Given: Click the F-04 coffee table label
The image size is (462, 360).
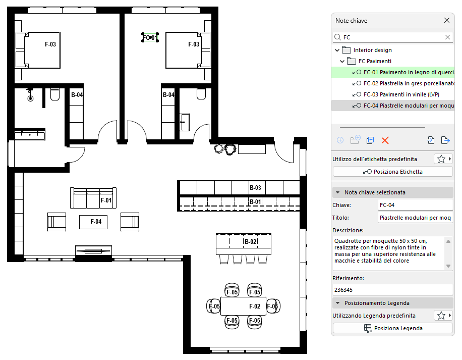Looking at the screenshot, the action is [96, 222].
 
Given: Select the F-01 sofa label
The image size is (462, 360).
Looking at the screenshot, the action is [106, 200].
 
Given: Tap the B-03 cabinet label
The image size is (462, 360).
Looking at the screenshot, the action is [255, 188].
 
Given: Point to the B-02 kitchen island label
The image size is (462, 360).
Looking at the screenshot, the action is [251, 242].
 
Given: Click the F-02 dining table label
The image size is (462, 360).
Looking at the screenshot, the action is [255, 306].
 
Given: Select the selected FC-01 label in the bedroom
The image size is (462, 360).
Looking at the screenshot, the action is [150, 37].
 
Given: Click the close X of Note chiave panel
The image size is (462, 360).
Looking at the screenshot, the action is [447, 20].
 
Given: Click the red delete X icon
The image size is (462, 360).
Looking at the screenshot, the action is [385, 140].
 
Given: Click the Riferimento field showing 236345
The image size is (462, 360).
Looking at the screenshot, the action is [393, 290].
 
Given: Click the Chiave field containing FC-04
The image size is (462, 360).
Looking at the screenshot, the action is [416, 205].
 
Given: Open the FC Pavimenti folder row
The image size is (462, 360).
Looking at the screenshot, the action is [375, 61].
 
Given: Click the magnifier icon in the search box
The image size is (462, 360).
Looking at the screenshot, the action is [337, 37].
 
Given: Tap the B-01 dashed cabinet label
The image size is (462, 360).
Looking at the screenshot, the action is [255, 202].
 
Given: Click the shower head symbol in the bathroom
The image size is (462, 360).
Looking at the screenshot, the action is [30, 98].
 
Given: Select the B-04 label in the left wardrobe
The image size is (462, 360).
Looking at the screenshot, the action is [77, 95].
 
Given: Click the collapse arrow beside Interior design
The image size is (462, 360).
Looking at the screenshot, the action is [337, 50].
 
